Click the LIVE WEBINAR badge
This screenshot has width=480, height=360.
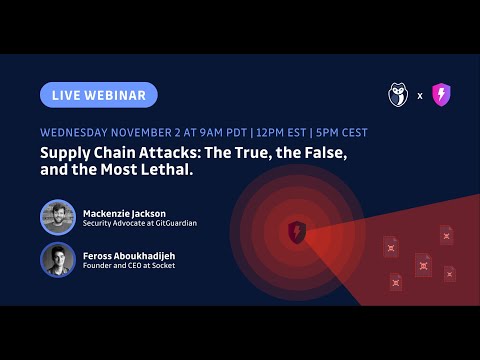[99, 95]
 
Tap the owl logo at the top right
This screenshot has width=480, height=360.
[400, 96]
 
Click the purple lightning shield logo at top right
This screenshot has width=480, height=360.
[441, 96]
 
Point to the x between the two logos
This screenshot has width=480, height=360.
[420, 97]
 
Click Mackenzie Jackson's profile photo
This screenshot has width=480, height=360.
[58, 218]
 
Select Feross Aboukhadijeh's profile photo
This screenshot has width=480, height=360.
[58, 260]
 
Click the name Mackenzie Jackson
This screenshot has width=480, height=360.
[126, 212]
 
